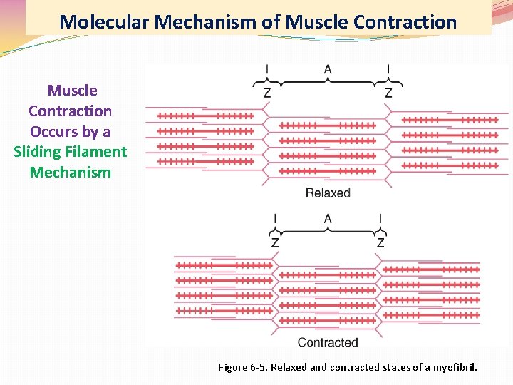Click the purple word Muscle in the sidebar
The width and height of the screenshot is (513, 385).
pos(72,91)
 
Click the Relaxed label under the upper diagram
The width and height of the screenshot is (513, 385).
pos(328,192)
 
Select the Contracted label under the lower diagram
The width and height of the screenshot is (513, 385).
pos(328,342)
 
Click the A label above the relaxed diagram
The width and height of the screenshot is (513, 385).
pos(328,69)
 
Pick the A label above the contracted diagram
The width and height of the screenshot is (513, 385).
pos(328,218)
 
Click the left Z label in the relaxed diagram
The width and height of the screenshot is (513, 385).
pos(267,93)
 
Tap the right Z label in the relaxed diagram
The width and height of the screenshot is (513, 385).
pos(388,93)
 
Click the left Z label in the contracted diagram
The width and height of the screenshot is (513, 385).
pos(275,243)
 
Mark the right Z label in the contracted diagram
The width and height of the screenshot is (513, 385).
pos(380,243)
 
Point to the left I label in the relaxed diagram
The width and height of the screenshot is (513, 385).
pos(267,69)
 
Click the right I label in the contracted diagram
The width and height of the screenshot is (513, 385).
pos(380,218)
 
